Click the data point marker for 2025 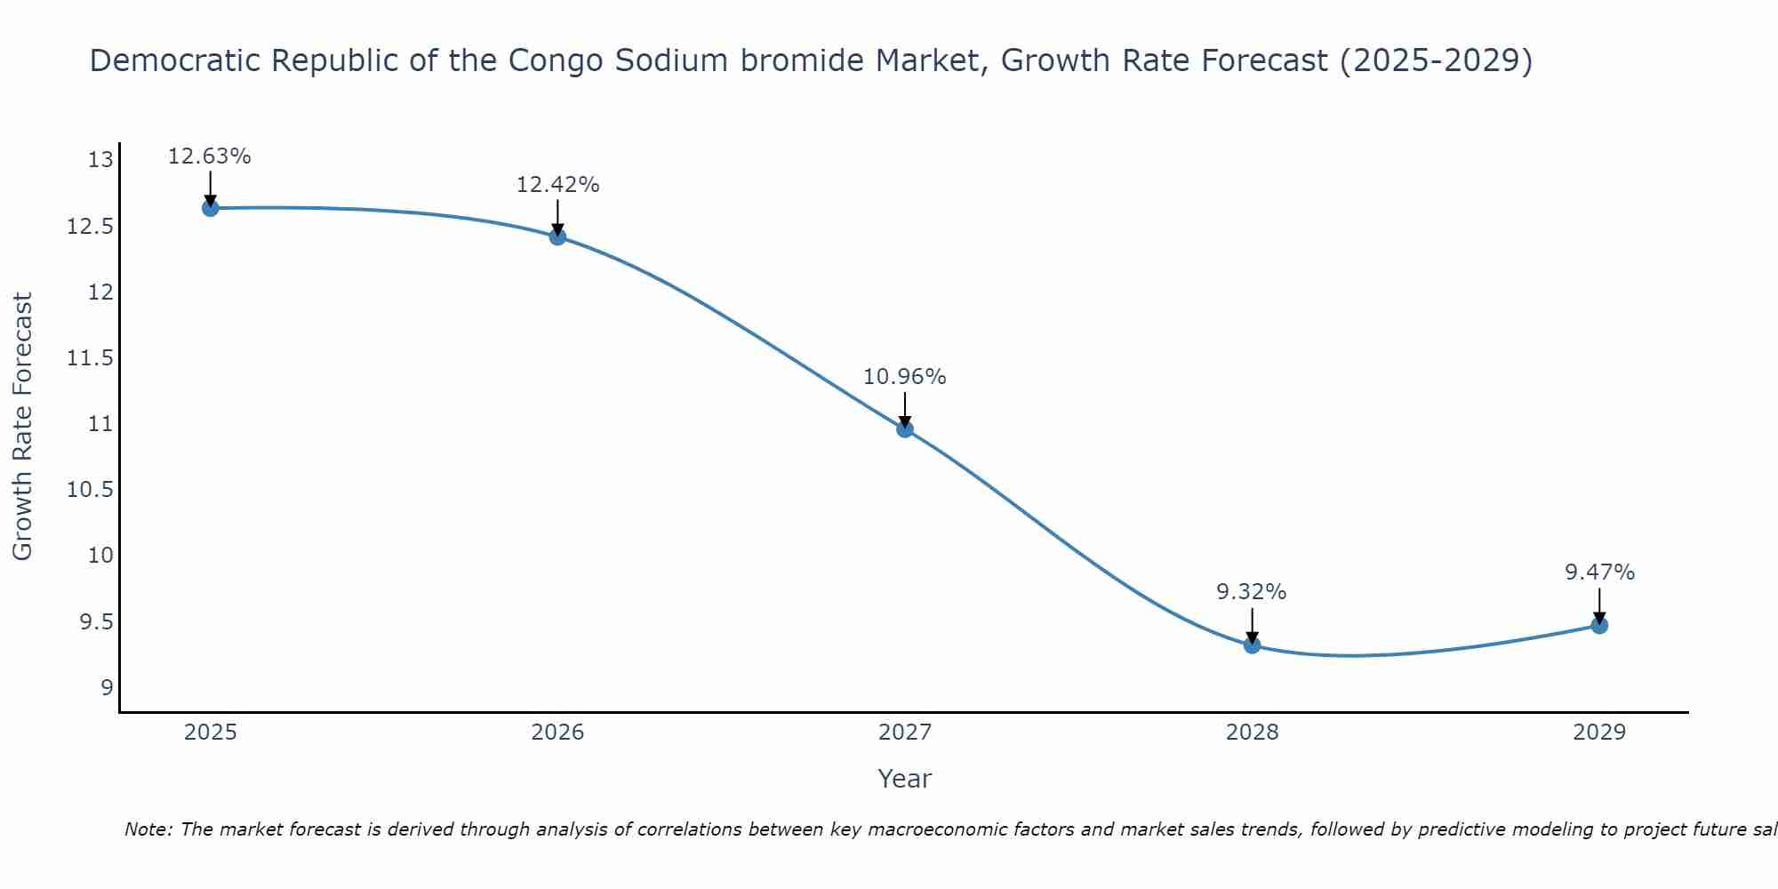pyautogui.click(x=211, y=208)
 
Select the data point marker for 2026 pyautogui.click(x=557, y=236)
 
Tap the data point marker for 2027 pyautogui.click(x=905, y=429)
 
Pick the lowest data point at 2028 pyautogui.click(x=1252, y=645)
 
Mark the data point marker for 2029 pyautogui.click(x=1599, y=625)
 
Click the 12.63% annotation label pyautogui.click(x=210, y=156)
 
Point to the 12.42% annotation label pyautogui.click(x=557, y=185)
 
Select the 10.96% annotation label pyautogui.click(x=905, y=377)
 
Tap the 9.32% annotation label pyautogui.click(x=1252, y=592)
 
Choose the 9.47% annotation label pyautogui.click(x=1599, y=573)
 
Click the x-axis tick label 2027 pyautogui.click(x=905, y=733)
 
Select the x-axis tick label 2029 pyautogui.click(x=1599, y=733)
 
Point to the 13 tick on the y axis pyautogui.click(x=100, y=161)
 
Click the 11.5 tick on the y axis pyautogui.click(x=91, y=358)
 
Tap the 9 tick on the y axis pyautogui.click(x=107, y=687)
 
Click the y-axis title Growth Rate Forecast pyautogui.click(x=23, y=427)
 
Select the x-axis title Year pyautogui.click(x=905, y=780)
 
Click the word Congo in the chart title pyautogui.click(x=547, y=60)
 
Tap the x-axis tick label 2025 pyautogui.click(x=211, y=733)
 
